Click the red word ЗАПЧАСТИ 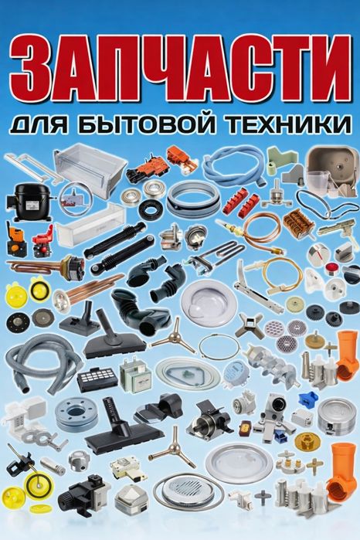coord(180,68)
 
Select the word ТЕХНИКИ coord(290,124)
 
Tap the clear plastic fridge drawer coord(90,169)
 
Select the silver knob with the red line coord(319,253)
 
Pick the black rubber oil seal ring coord(149,209)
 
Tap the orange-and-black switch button coord(15,237)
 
